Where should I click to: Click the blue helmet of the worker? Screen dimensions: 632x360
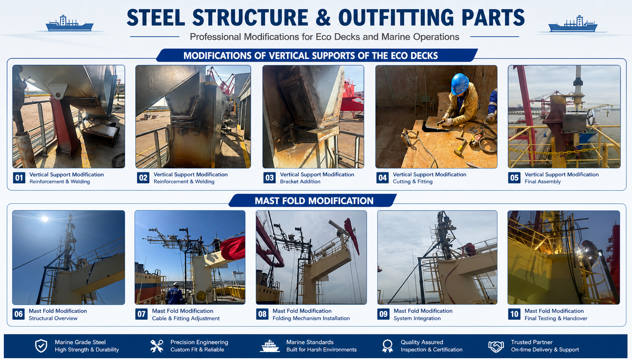(460, 84)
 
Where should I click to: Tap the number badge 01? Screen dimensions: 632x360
(19, 178)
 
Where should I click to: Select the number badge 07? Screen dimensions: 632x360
(141, 314)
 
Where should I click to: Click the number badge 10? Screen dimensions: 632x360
(514, 314)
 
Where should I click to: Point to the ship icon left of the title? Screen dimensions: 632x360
(70, 23)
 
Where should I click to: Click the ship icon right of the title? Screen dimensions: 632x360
(573, 24)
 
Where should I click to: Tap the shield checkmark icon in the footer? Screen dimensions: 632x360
(41, 346)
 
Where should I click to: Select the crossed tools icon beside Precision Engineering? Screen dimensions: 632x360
(157, 346)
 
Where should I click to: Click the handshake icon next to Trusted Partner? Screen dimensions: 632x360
(496, 346)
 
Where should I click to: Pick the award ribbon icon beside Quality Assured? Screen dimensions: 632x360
(387, 346)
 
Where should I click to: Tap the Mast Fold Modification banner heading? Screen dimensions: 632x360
(314, 201)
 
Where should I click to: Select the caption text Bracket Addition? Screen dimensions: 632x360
(300, 182)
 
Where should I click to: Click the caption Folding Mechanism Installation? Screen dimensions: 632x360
(311, 318)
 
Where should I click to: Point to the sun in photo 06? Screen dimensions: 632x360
(45, 218)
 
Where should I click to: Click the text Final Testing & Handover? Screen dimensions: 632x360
(556, 318)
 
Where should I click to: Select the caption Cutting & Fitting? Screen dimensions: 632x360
(413, 182)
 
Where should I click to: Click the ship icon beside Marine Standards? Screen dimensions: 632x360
(270, 346)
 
